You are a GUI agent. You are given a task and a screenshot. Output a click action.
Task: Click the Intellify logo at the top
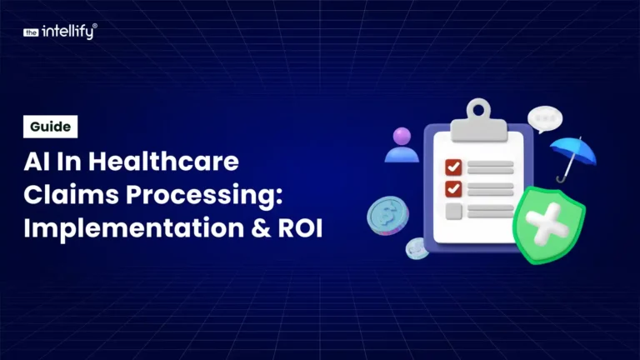(60, 32)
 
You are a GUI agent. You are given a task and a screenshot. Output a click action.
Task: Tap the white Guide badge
(51, 127)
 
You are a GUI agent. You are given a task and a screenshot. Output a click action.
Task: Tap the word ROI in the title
(298, 226)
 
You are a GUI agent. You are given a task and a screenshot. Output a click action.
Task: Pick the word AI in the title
(37, 161)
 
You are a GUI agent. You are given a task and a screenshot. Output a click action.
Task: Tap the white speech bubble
(545, 119)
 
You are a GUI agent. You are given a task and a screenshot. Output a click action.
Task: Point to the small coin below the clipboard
(417, 247)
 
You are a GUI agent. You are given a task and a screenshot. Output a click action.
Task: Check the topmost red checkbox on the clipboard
(453, 167)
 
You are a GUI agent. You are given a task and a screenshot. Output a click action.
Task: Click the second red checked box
(453, 188)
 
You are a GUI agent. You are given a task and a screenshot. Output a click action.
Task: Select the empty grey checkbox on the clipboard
(453, 211)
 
